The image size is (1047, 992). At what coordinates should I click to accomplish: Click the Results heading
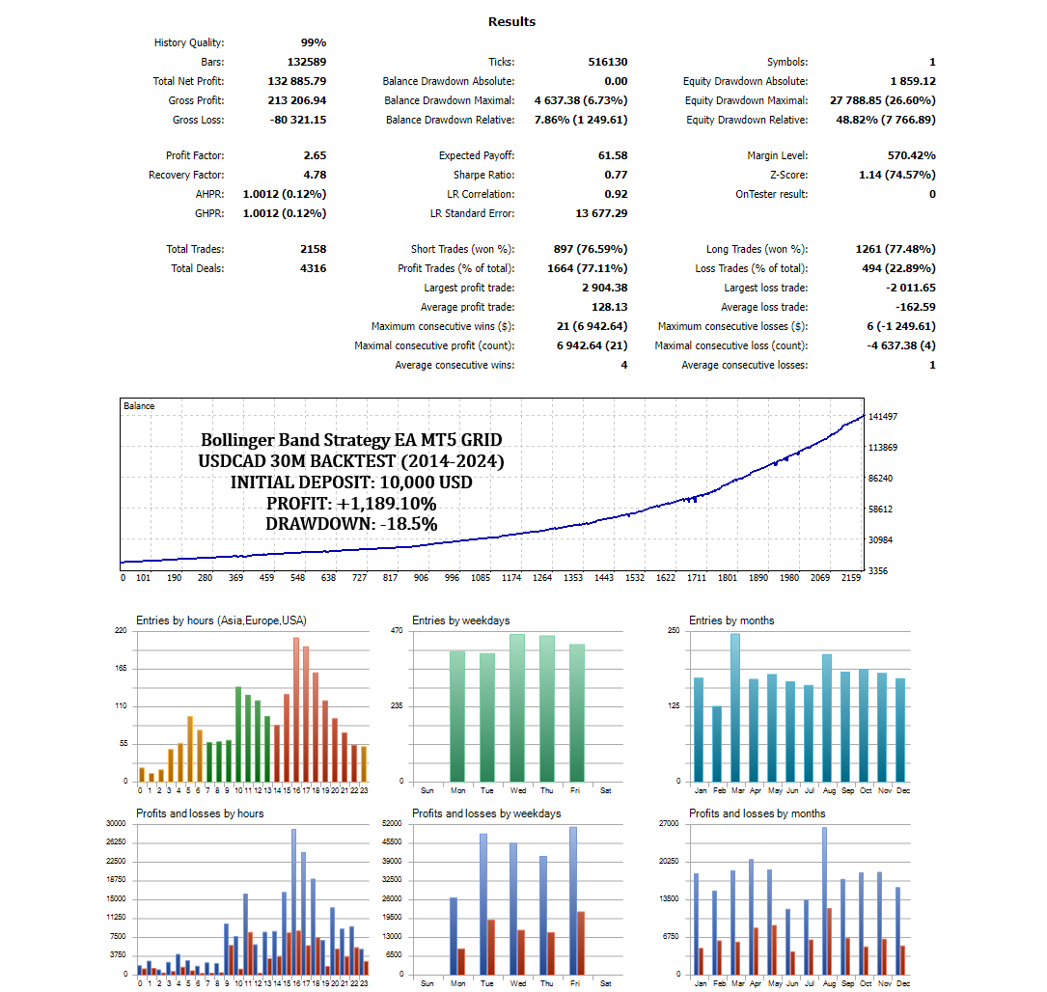coord(511,21)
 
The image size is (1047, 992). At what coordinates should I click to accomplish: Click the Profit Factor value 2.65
coord(315,155)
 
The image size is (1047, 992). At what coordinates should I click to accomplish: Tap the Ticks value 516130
coord(608,62)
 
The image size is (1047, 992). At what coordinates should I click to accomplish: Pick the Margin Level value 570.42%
coord(911,155)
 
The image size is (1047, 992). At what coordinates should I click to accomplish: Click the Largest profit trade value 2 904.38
coord(592,288)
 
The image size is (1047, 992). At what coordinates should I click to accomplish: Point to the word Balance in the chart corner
coord(139,406)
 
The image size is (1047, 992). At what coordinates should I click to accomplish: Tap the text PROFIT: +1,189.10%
coord(351,504)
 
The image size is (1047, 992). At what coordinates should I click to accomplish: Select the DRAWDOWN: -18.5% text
coord(351,524)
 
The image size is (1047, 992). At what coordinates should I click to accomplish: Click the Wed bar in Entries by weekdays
coord(517,707)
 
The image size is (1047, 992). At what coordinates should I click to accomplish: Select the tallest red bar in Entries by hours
coord(296,709)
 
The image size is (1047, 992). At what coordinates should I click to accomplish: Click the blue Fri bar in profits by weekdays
coord(573,899)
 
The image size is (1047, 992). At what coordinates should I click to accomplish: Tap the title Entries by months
coord(731,620)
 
